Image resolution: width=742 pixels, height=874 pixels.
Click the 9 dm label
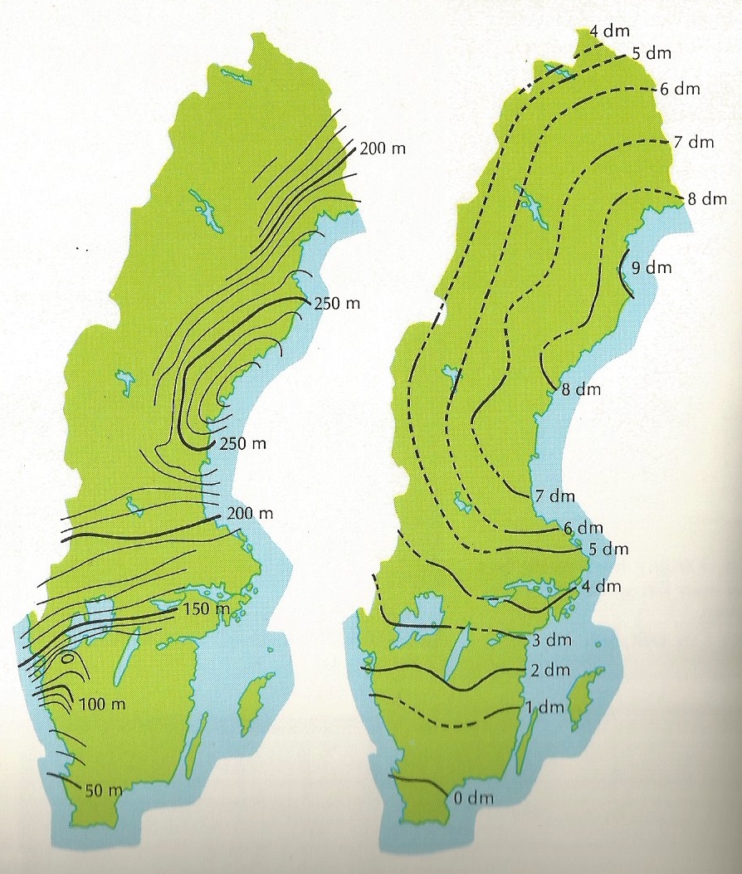[x=651, y=268]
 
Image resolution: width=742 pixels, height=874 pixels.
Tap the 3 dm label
[x=549, y=641]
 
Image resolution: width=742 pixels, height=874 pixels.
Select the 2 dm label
[x=549, y=670]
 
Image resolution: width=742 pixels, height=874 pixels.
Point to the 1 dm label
[x=546, y=708]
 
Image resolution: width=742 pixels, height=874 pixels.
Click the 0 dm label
[x=472, y=799]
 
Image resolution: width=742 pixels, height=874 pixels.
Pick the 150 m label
[x=204, y=610]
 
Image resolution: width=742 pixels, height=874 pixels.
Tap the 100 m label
[x=103, y=705]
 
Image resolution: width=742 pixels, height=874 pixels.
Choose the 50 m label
[x=105, y=789]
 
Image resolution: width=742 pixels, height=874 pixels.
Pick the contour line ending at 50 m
[x=63, y=778]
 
